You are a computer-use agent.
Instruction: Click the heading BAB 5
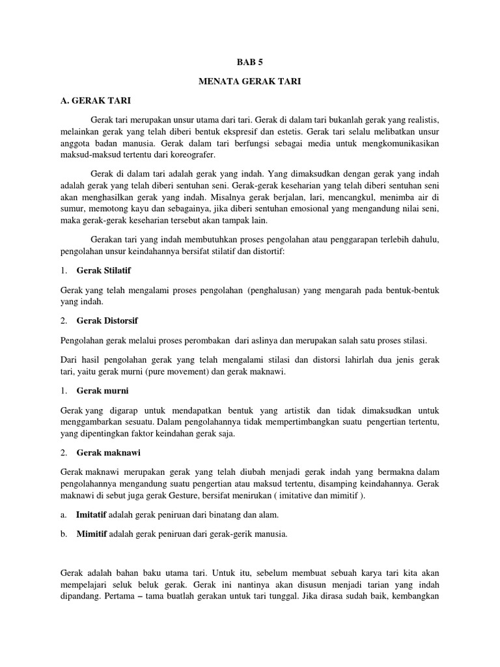click(249, 63)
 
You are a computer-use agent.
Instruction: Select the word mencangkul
click(345, 197)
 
